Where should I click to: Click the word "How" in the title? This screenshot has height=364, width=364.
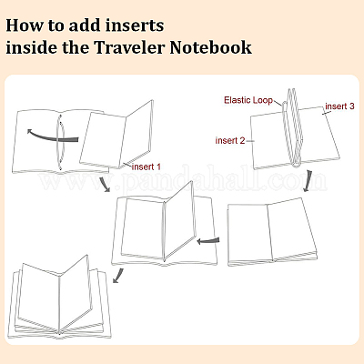click(25, 25)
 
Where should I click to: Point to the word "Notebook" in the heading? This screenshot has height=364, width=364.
click(210, 47)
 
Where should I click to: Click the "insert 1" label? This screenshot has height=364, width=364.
click(147, 167)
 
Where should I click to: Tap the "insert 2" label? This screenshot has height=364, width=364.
click(230, 140)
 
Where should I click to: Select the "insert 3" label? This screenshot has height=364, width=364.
click(339, 106)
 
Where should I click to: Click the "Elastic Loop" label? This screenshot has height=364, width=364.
click(248, 100)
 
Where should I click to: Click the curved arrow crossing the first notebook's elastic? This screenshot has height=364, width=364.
click(52, 137)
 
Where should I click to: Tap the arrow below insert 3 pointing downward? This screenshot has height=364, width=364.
click(308, 181)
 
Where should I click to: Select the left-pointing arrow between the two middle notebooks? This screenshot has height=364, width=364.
click(208, 241)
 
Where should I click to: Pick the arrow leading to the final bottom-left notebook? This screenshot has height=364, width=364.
click(117, 276)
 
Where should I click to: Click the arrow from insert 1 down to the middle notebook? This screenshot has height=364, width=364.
click(105, 184)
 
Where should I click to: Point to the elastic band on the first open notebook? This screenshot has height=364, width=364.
click(61, 143)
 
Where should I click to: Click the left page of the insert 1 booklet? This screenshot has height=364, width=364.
click(103, 139)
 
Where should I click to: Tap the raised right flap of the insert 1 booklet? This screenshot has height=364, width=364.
click(138, 134)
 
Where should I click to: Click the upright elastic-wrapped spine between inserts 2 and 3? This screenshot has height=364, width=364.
click(293, 127)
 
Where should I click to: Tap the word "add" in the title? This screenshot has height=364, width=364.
click(84, 25)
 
